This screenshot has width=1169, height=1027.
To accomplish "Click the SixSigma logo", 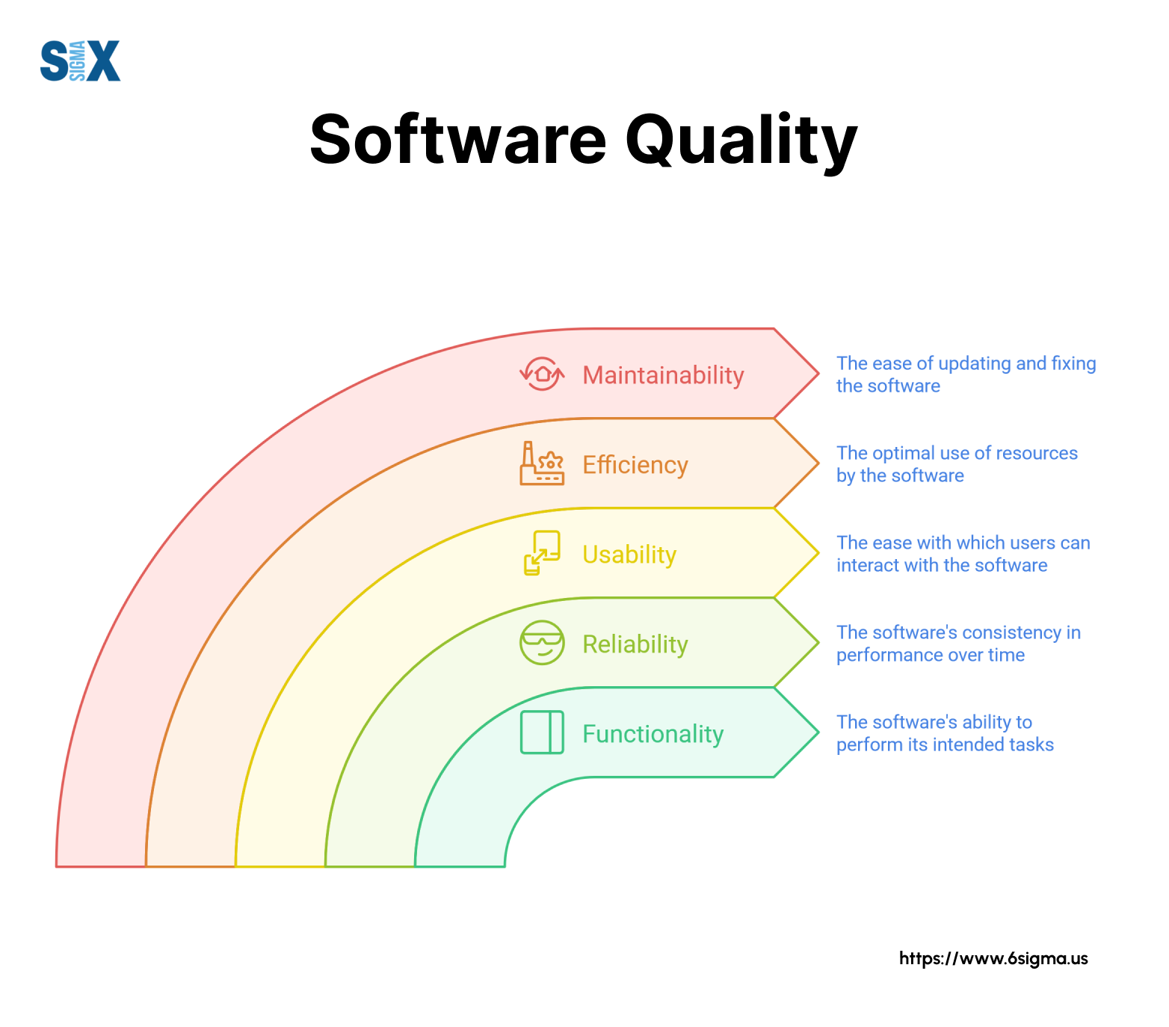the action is [x=80, y=61].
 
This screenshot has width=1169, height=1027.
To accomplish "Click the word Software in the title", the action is [x=458, y=140].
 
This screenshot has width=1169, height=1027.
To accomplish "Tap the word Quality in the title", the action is [x=741, y=142].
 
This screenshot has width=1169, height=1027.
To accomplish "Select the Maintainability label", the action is [x=663, y=375].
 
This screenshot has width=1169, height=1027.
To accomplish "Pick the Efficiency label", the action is [x=635, y=465].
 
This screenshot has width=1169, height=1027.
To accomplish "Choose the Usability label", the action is [x=629, y=555].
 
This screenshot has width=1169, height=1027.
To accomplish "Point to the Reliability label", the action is [x=635, y=644].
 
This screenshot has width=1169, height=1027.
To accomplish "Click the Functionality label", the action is [x=653, y=734].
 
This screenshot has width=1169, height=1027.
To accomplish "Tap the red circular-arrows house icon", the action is [x=542, y=374].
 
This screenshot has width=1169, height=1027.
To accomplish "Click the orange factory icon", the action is [x=542, y=463].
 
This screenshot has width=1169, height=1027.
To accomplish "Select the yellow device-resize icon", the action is [x=542, y=553].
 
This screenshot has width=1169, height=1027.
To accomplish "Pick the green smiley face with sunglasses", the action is [x=542, y=643].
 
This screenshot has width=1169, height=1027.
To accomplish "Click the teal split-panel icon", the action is [x=542, y=733].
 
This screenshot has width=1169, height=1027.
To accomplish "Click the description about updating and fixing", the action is [x=966, y=374].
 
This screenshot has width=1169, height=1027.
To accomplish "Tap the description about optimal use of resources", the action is [x=957, y=464].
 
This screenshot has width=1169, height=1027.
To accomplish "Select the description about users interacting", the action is [x=963, y=554].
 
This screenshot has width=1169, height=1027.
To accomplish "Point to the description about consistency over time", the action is [x=958, y=644].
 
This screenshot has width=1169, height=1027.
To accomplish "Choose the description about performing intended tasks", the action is [x=945, y=733].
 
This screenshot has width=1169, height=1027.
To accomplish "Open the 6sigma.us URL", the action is [x=993, y=958].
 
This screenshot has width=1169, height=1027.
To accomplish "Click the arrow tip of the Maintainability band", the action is [x=819, y=373].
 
